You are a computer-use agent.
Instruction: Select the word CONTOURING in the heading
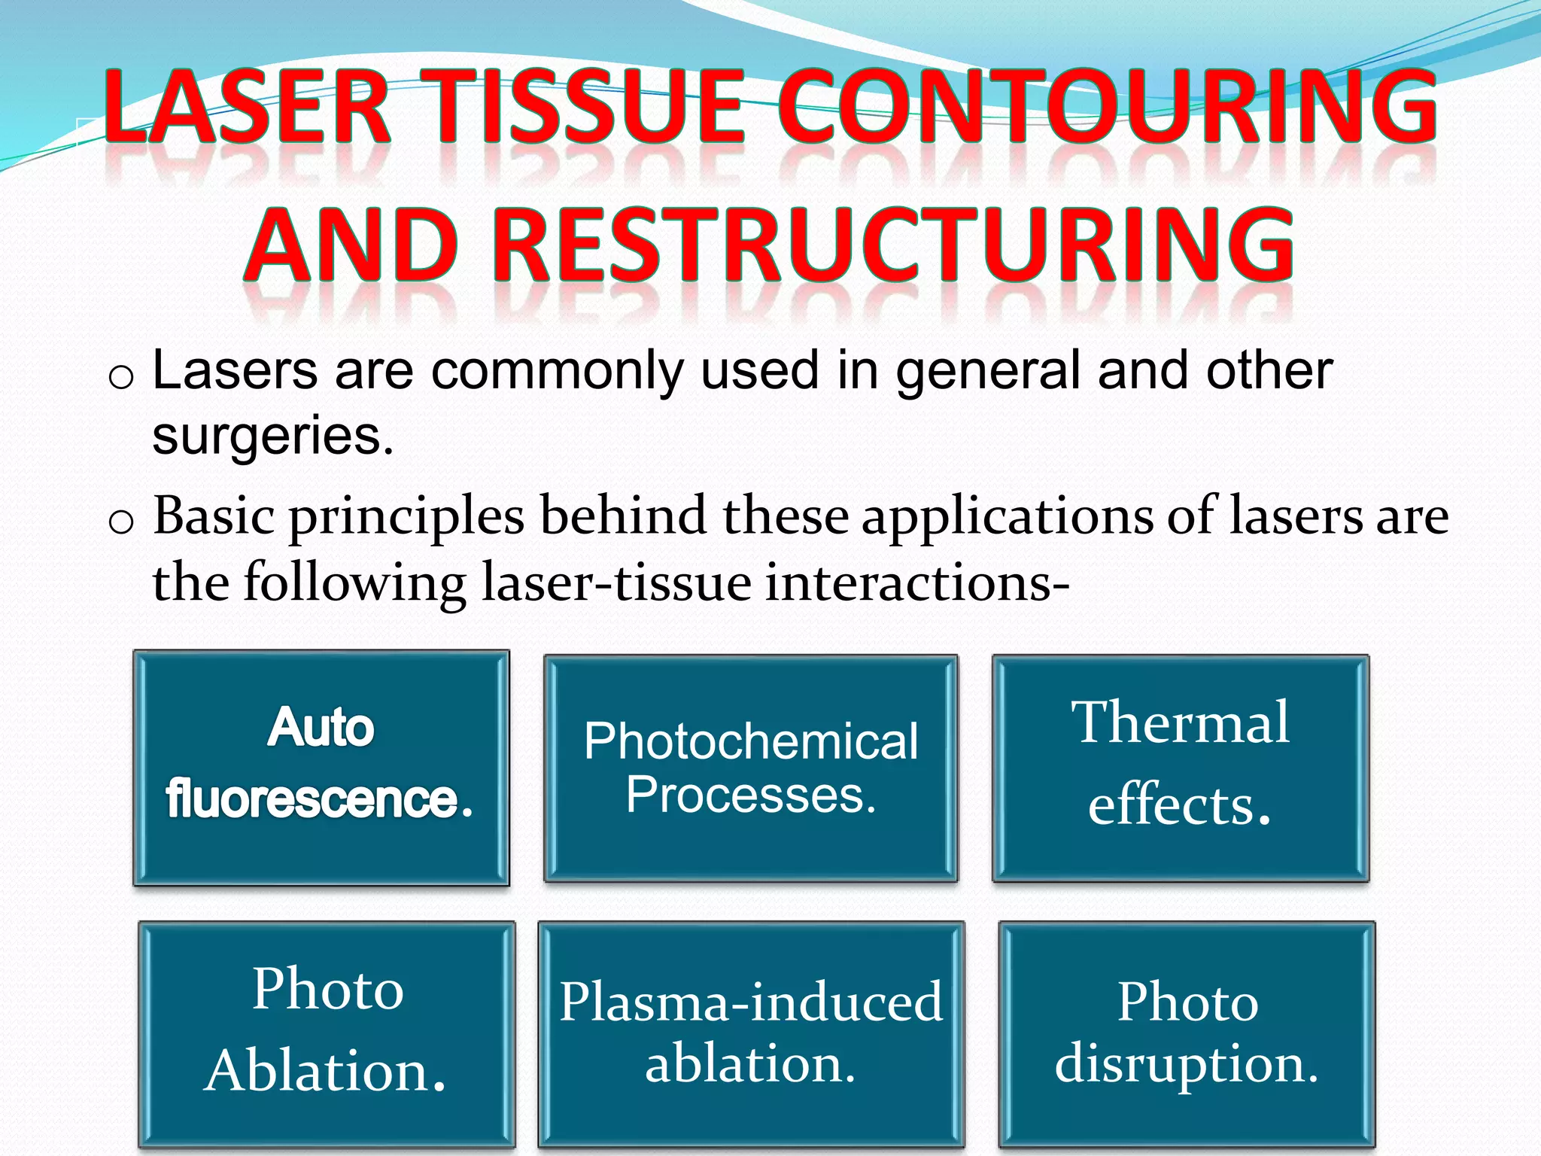(x=1106, y=107)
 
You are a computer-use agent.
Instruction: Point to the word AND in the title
(x=351, y=245)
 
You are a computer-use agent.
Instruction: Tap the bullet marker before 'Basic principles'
(x=120, y=522)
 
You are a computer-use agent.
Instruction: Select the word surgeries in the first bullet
(x=272, y=437)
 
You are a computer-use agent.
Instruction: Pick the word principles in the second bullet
(x=406, y=518)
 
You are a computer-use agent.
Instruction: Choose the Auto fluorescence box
(x=321, y=768)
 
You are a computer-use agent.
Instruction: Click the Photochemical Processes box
(x=751, y=768)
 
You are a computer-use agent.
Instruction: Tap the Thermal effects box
(x=1181, y=768)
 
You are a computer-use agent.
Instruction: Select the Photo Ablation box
(x=327, y=1035)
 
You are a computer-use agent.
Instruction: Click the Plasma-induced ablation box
(x=751, y=1035)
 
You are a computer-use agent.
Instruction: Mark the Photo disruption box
(x=1187, y=1035)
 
